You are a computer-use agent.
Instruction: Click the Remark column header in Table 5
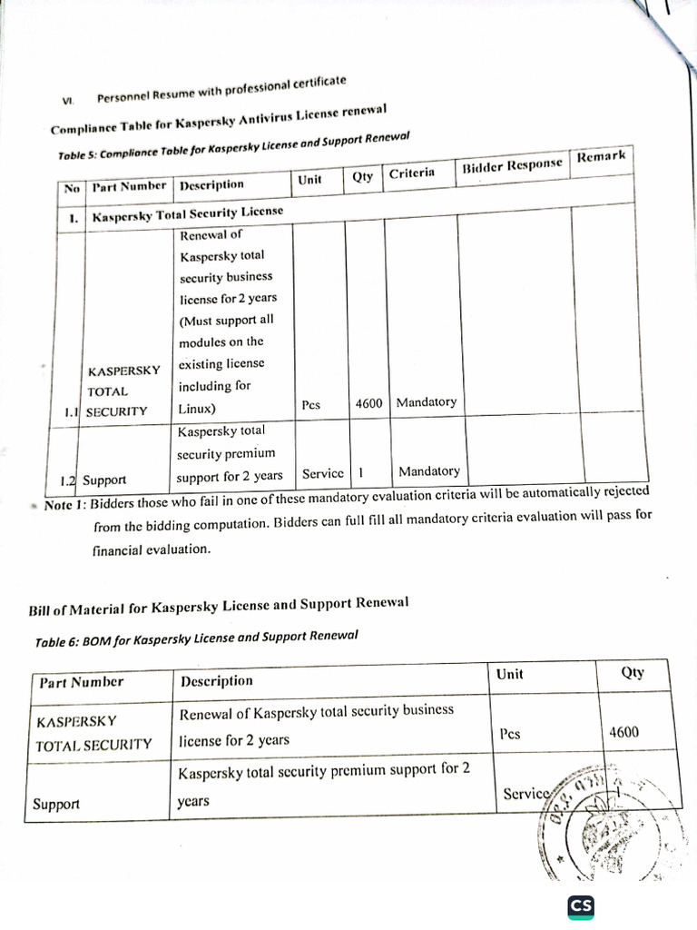pos(601,157)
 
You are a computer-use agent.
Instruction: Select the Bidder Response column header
pos(513,165)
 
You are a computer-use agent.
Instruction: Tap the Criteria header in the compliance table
pos(412,173)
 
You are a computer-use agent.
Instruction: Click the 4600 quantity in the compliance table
pos(369,402)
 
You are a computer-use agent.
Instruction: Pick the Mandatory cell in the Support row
pos(428,471)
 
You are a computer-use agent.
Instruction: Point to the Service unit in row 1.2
pos(323,473)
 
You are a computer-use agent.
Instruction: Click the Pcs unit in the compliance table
pos(311,405)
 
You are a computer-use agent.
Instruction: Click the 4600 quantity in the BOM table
pos(623,732)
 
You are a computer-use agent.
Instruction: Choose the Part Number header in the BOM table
pos(80,682)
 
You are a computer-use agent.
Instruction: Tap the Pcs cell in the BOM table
pos(509,734)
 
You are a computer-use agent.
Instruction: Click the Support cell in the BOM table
pos(56,804)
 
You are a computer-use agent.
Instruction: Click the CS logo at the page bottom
pos(581,906)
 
